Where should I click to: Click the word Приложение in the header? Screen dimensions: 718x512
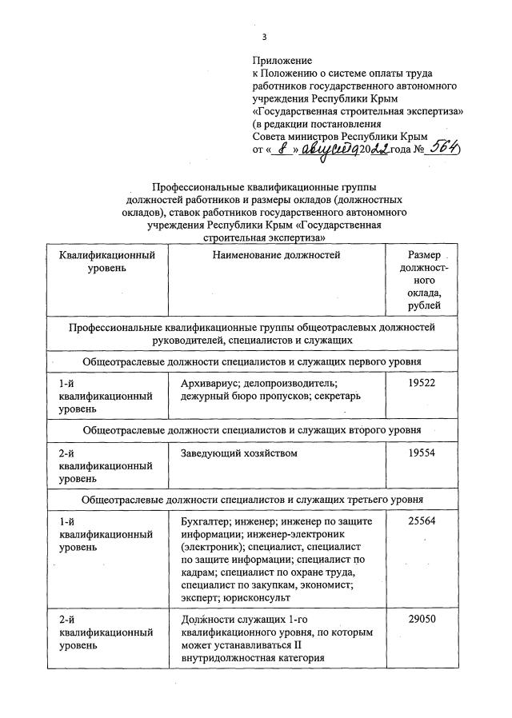pyautogui.click(x=282, y=61)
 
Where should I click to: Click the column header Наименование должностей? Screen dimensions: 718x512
pyautogui.click(x=277, y=256)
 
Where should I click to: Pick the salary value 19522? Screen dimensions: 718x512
pyautogui.click(x=424, y=385)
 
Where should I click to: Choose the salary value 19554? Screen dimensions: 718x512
pyautogui.click(x=424, y=453)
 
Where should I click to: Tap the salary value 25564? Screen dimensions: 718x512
pyautogui.click(x=424, y=522)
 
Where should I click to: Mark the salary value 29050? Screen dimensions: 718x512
pyautogui.click(x=424, y=620)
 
